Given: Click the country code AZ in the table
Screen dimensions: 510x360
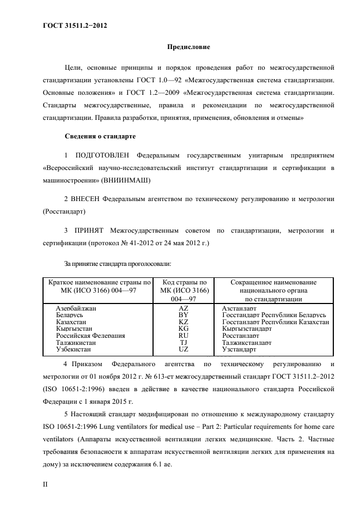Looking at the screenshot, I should point(183,308).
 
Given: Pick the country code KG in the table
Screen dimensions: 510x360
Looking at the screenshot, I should point(183,329).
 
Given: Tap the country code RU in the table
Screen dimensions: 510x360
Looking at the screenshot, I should point(183,336).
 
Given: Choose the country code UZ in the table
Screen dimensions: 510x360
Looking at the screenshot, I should point(183,350).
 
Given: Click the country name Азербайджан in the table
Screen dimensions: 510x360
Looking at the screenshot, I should point(76,308).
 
